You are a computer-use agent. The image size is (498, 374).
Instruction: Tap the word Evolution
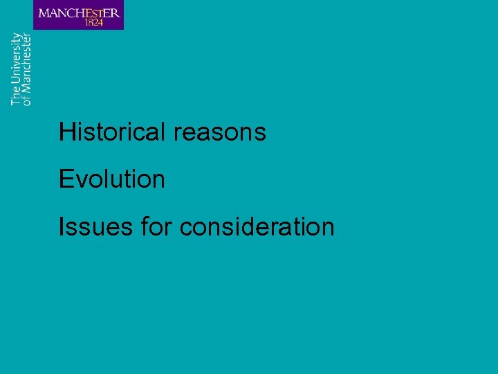pyautogui.click(x=112, y=179)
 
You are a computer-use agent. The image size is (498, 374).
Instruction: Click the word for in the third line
pyautogui.click(x=156, y=226)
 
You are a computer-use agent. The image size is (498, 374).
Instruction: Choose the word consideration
pyautogui.click(x=257, y=226)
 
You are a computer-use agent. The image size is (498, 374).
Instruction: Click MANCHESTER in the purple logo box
pyautogui.click(x=79, y=12)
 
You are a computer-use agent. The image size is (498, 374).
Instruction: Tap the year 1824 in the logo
pyautogui.click(x=93, y=22)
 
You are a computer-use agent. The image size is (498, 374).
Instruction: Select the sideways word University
pyautogui.click(x=16, y=58)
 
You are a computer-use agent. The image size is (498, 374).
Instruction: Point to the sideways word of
pyautogui.click(x=26, y=100)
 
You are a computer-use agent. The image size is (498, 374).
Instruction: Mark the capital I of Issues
pyautogui.click(x=62, y=226)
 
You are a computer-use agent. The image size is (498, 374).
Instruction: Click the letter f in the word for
pyautogui.click(x=144, y=226)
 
